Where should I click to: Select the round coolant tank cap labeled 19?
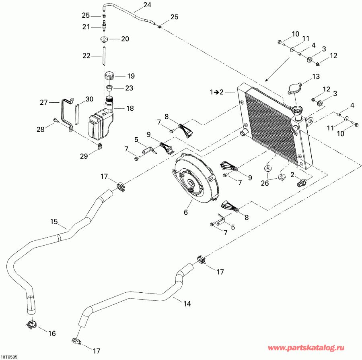click(x=109, y=76)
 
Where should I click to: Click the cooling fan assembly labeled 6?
click(x=195, y=180)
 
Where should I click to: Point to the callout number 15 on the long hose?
click(x=54, y=221)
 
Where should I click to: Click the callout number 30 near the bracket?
click(x=89, y=99)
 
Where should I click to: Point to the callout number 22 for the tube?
click(x=87, y=56)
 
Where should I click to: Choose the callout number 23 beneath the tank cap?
click(x=129, y=88)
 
